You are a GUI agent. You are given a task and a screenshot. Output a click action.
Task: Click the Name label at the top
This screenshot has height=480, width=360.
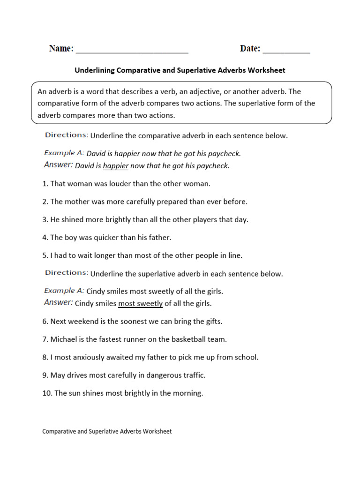coord(61,48)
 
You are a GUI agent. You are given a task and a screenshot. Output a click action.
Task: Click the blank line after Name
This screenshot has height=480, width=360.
coord(132,51)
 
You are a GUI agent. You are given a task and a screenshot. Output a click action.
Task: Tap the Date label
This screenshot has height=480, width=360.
coord(250,48)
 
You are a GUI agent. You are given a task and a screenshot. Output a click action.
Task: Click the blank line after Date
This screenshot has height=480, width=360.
coord(286,51)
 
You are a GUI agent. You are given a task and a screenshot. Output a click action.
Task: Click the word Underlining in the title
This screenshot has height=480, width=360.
coord(95,70)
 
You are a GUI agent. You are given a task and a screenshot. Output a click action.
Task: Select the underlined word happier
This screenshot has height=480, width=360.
coord(116,166)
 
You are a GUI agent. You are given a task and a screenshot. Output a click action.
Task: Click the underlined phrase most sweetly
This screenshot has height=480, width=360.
coord(140,303)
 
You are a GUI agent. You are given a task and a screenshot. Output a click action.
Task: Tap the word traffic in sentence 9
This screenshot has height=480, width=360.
coord(193,375)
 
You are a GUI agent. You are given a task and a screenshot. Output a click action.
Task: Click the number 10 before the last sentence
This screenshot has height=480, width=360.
coord(46,393)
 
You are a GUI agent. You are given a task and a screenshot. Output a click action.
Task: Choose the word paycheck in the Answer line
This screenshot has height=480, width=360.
coord(213,166)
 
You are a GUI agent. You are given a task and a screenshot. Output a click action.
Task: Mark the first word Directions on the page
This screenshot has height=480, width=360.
coord(66,135)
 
